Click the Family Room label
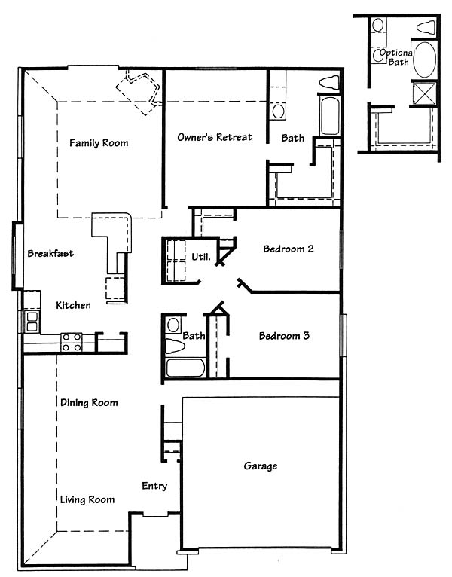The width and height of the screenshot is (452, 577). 99,143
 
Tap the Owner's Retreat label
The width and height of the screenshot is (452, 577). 215,137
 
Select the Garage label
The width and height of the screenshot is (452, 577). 261,466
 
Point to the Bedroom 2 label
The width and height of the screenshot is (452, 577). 289,249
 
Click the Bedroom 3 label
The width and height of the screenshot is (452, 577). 284,336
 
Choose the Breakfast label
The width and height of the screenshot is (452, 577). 50,253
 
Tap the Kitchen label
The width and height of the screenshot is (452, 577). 73,305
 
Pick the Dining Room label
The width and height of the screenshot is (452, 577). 89,402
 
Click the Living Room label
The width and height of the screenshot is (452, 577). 87,499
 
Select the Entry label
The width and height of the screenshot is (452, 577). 154,486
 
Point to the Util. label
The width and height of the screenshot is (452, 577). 201,256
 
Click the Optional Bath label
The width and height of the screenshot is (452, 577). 397,57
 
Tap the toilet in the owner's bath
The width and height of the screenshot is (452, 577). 328,82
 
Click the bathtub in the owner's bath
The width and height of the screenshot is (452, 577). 329,115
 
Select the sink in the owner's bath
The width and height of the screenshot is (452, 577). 278,111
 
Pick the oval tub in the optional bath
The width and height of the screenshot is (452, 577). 424,60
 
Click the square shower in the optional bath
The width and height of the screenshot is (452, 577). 424,93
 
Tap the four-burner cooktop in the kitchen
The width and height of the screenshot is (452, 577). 72,342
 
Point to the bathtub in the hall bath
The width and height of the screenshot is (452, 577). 185,368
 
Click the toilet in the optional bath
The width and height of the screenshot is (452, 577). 426,27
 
